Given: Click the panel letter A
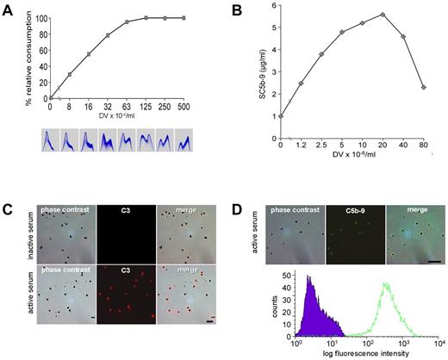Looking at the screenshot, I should point(7,8).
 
